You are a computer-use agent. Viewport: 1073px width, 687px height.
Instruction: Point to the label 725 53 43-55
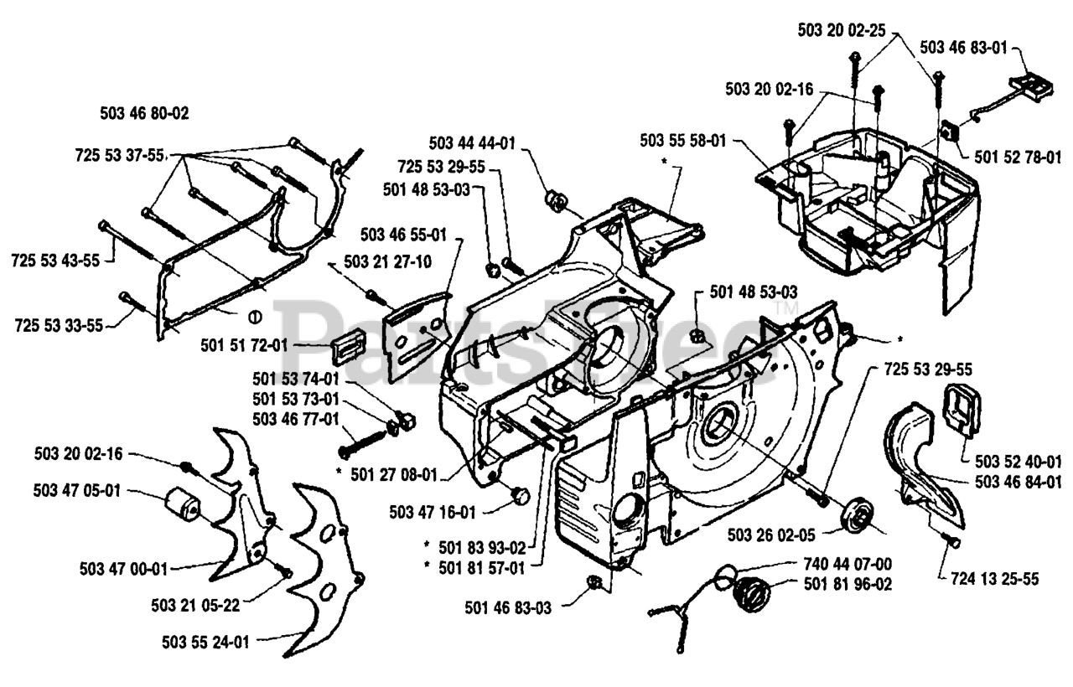coord(55,261)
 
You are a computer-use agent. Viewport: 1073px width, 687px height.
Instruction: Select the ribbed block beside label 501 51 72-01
coord(348,344)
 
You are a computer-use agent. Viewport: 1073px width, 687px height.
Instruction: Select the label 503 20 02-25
coord(840,30)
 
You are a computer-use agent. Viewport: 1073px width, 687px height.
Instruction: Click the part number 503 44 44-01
coord(471,142)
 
